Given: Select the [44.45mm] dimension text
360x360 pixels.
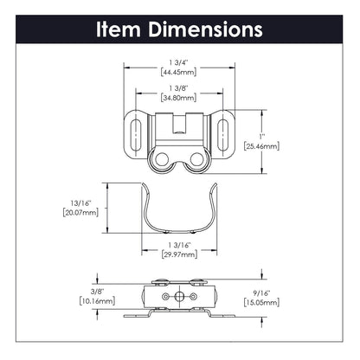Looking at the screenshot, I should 180,73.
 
